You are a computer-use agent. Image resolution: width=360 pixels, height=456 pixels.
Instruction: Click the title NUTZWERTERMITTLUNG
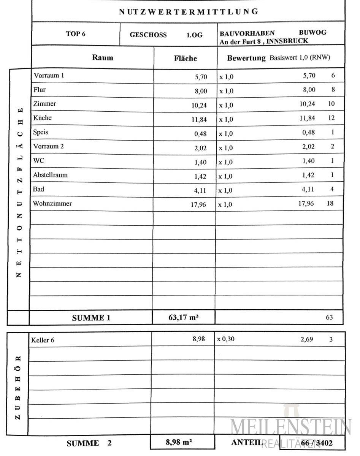click(189, 11)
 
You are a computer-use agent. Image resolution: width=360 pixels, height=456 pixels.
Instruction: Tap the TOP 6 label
click(76, 34)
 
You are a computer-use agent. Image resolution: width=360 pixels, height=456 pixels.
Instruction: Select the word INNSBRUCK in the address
click(287, 41)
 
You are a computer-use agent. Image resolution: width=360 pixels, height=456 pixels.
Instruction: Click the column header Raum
click(103, 58)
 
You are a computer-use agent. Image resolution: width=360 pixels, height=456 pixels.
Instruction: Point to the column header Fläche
click(186, 59)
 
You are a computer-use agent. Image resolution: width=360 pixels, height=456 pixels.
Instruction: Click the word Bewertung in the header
click(246, 58)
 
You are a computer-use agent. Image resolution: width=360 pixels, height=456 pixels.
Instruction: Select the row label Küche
click(42, 118)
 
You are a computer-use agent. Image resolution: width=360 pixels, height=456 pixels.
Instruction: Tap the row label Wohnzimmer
click(52, 203)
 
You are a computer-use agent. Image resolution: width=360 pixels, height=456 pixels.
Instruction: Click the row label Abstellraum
click(50, 175)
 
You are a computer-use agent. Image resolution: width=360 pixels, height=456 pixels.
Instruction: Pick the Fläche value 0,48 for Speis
click(200, 134)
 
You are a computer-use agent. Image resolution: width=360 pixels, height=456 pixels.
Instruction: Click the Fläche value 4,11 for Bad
click(200, 191)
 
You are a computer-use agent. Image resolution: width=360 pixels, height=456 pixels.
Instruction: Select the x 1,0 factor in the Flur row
click(226, 91)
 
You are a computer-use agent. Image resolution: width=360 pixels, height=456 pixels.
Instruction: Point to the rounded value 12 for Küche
click(331, 118)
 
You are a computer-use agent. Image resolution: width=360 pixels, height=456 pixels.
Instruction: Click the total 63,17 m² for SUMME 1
click(183, 317)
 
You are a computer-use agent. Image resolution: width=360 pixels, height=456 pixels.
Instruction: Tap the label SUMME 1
click(91, 318)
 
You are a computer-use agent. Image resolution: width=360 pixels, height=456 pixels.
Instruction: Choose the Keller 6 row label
click(43, 340)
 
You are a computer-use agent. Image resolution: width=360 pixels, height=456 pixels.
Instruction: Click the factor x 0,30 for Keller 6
click(225, 339)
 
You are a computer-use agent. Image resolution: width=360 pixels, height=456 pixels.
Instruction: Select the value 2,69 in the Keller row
click(307, 339)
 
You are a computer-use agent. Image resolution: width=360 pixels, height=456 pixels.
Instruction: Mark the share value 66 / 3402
click(316, 443)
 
